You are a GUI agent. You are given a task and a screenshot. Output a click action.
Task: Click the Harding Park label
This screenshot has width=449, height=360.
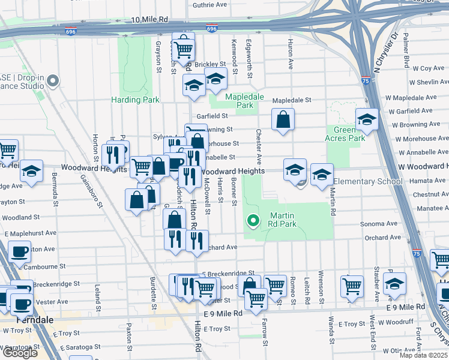tap(135, 100)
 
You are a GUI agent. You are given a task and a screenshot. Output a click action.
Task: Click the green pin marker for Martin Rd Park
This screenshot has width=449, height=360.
tap(253, 221)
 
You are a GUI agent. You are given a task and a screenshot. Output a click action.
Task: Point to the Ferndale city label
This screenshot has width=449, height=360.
tap(22, 320)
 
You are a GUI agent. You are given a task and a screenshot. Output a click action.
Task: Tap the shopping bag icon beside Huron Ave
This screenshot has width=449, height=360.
tap(283, 119)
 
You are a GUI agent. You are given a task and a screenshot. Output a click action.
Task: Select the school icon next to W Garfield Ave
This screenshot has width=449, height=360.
tap(366, 119)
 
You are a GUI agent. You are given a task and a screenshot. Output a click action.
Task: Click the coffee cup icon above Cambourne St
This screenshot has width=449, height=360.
tap(20, 251)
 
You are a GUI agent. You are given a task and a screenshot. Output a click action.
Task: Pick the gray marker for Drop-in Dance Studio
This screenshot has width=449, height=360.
tap(53, 80)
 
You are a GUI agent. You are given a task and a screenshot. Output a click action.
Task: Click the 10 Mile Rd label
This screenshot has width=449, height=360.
tap(149, 20)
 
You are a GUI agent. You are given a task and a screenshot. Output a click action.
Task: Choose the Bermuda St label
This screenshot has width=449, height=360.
tap(55, 196)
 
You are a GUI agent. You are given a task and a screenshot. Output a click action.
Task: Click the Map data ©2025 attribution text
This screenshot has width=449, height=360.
tap(424, 355)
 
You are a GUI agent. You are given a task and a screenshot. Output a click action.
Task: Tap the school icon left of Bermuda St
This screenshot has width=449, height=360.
tap(31, 171)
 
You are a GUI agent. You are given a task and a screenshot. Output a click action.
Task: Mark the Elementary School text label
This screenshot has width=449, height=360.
tap(367, 181)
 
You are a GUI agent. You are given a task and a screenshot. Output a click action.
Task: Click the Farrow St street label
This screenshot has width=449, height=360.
tap(264, 334)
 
